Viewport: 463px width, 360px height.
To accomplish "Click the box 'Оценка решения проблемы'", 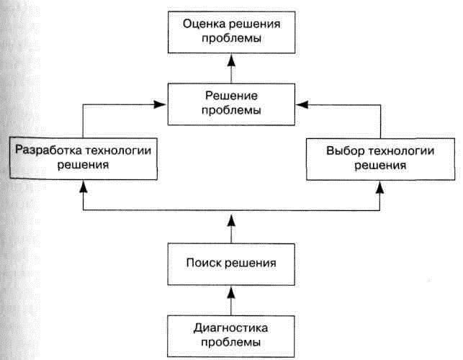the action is [x=232, y=32].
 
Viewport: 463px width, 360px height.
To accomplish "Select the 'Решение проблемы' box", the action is [x=231, y=104].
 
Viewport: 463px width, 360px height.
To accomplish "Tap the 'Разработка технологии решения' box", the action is [x=84, y=158].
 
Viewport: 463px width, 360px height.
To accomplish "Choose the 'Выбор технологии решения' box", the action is [x=380, y=159].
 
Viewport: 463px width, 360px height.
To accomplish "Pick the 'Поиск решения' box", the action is [x=231, y=264].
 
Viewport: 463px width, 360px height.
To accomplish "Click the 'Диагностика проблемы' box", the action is [x=231, y=336].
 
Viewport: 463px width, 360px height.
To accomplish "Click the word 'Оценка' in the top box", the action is [x=204, y=24].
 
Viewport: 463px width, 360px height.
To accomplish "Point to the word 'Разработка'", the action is [x=48, y=150].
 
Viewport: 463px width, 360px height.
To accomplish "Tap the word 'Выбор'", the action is [x=345, y=151].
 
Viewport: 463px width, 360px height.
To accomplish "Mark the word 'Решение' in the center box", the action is [x=232, y=96].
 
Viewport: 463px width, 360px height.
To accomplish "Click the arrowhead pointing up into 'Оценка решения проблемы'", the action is [x=232, y=60].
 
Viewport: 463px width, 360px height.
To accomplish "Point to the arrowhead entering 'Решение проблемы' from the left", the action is [x=160, y=104].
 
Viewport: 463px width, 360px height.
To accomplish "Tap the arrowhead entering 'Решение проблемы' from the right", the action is [x=302, y=104].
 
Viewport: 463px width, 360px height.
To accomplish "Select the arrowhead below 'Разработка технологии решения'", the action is [x=84, y=186].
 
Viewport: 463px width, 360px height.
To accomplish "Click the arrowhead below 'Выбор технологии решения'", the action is [x=380, y=187].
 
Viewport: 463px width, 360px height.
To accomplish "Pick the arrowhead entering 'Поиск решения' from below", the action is [x=231, y=292].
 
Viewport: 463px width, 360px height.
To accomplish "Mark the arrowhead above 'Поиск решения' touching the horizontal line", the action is [x=232, y=220].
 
